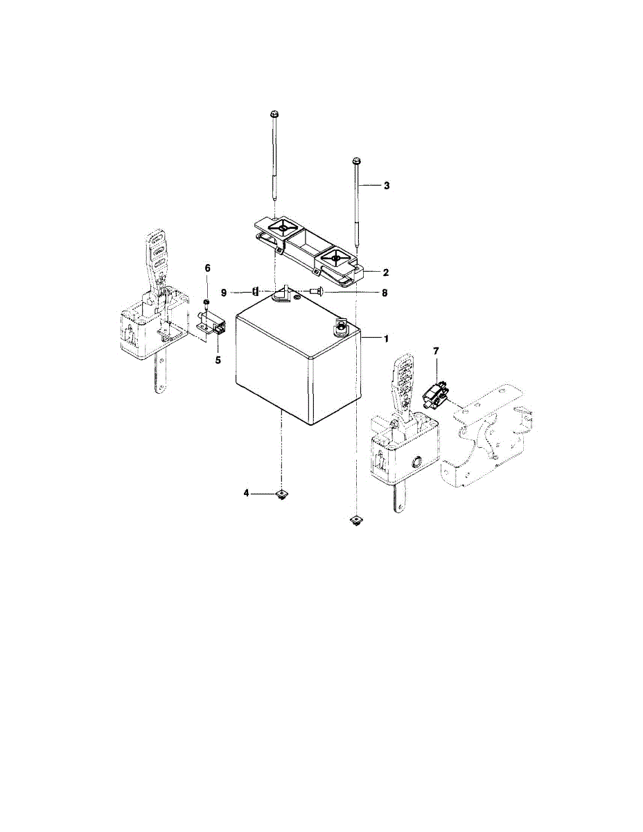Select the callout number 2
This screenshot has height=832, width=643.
[386, 272]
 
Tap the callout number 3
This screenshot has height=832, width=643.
[387, 186]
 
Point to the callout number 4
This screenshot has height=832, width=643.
[246, 493]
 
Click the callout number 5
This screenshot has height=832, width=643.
[218, 360]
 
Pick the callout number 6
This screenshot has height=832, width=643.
[206, 268]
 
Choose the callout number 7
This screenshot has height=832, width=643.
[436, 352]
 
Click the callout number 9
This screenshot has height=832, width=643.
[224, 293]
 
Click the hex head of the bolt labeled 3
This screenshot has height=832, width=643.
[355, 162]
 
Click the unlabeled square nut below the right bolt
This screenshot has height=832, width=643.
[355, 520]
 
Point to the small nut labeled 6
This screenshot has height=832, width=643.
[206, 303]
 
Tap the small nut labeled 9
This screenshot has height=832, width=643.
[256, 291]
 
